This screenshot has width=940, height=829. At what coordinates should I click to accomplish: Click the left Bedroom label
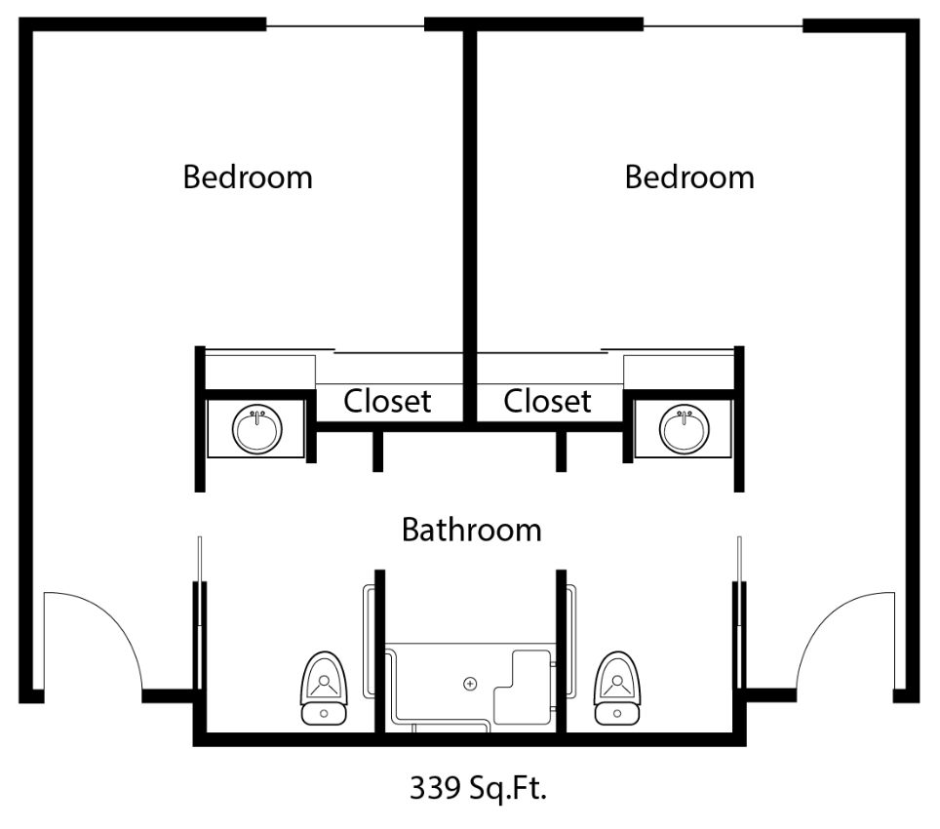coord(248,177)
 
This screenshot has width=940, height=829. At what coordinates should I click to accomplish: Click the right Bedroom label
coord(689,177)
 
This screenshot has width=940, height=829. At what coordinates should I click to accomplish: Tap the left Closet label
coord(387,401)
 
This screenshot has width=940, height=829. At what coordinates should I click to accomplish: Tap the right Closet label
coord(547,401)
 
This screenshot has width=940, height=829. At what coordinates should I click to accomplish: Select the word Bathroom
coord(472,530)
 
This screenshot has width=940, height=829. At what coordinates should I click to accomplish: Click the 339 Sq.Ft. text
coord(478,787)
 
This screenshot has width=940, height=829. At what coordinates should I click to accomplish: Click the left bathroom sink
coord(257,429)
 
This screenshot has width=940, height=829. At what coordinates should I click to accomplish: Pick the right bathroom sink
coord(684,429)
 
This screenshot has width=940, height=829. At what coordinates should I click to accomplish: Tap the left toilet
coord(325,689)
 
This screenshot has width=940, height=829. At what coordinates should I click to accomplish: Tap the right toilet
coord(617,689)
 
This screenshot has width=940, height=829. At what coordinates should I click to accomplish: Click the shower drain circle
coord(471,684)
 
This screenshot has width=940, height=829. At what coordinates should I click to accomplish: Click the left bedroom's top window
coord(345,25)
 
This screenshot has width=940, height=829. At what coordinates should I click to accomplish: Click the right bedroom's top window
coord(723,25)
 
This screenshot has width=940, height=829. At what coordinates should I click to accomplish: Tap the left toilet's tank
coord(325,713)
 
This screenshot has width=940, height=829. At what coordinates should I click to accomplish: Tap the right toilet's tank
coord(617,713)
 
